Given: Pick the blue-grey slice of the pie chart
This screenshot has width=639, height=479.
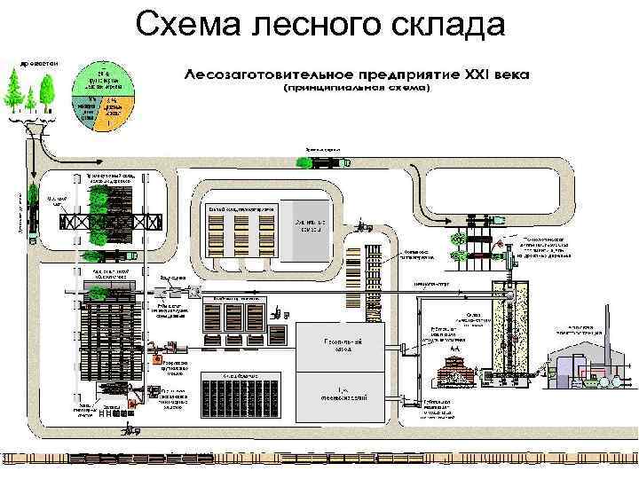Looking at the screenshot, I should point(89,112).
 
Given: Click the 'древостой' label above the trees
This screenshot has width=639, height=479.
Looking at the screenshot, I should point(35,63).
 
